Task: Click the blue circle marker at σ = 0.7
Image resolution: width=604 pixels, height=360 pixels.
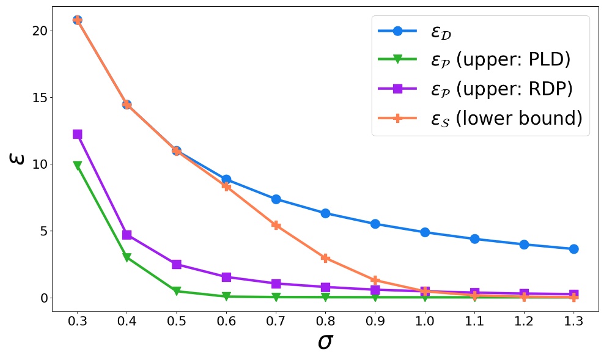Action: pos(276,199)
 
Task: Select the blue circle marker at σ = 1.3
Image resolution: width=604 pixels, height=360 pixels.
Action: pos(573,249)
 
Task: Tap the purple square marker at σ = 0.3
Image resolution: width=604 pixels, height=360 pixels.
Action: pos(77,134)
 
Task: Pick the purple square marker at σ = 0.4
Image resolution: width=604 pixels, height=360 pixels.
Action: pos(127,235)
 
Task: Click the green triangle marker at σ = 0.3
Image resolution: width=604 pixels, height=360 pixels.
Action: pos(77,166)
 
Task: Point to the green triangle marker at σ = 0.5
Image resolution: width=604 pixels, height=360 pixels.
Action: pos(176,292)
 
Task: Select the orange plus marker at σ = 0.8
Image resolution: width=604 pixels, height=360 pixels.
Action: pos(325,258)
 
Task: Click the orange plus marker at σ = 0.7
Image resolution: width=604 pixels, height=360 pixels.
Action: pos(276,226)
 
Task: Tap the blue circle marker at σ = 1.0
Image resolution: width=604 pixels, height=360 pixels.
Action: pos(424,232)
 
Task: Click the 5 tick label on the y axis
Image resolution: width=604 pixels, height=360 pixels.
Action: pos(44,231)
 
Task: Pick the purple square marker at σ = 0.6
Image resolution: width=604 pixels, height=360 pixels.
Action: pos(226,277)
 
